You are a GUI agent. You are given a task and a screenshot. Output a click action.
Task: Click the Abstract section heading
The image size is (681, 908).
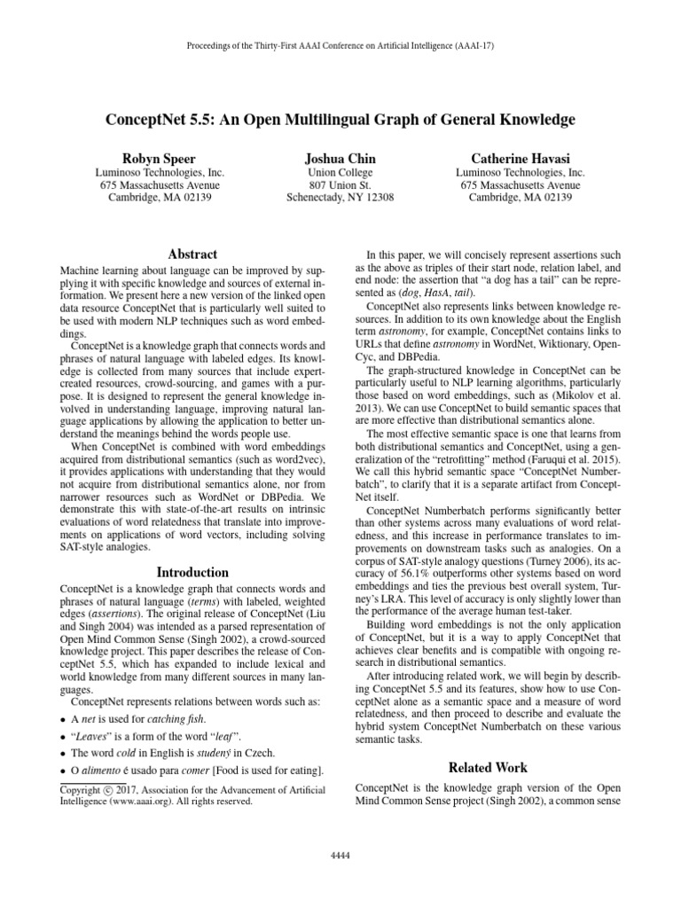[186, 254]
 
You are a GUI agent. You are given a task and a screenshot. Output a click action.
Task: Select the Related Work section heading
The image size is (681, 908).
[487, 767]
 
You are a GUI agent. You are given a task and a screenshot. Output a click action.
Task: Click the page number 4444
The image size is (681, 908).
[340, 854]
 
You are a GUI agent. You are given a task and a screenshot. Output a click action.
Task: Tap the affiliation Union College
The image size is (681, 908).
[340, 172]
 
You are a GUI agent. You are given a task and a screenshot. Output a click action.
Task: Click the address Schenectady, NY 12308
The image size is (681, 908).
[340, 198]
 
